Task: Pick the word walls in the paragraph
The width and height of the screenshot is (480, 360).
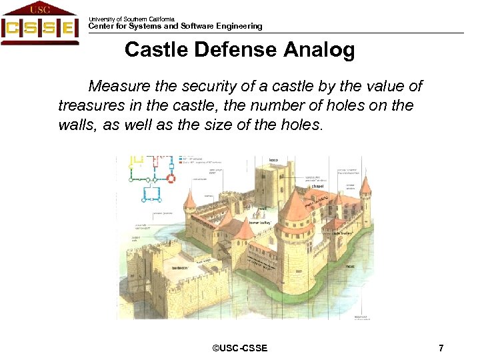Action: [75, 125]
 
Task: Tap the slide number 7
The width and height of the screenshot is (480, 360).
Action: [441, 348]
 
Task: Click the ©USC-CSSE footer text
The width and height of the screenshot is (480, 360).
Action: [239, 348]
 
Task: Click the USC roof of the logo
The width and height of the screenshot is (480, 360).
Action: [39, 9]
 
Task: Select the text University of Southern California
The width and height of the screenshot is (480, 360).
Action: [131, 19]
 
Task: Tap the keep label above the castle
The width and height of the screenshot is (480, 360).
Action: [273, 161]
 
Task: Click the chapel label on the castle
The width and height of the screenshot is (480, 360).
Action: [317, 186]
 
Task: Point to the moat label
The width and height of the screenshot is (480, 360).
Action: [350, 266]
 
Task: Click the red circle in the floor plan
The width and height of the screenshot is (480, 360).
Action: [171, 179]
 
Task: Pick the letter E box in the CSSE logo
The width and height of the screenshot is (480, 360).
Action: [67, 29]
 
